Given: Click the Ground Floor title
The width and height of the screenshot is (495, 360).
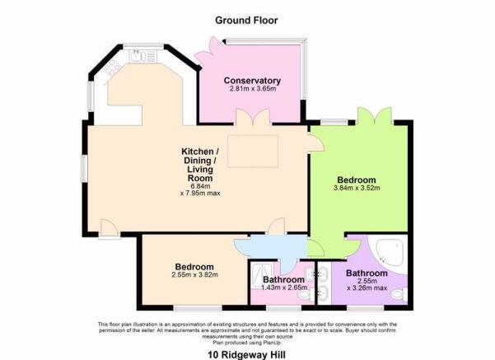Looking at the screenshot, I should tap(246, 19).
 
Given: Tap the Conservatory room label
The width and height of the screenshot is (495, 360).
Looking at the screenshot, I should tap(253, 81).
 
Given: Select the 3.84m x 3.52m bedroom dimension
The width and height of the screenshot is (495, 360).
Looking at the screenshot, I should tap(357, 189).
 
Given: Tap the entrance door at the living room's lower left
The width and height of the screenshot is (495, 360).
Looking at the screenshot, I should tap(108, 229).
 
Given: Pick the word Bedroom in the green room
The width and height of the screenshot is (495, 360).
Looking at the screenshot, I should tap(357, 180).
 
